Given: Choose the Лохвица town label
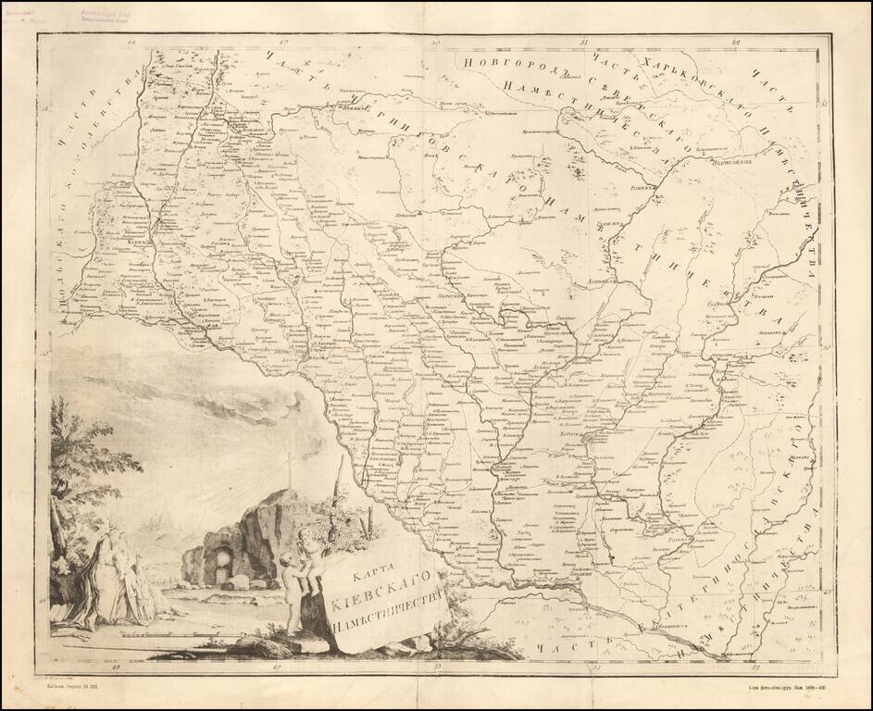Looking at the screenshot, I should (607, 277).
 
